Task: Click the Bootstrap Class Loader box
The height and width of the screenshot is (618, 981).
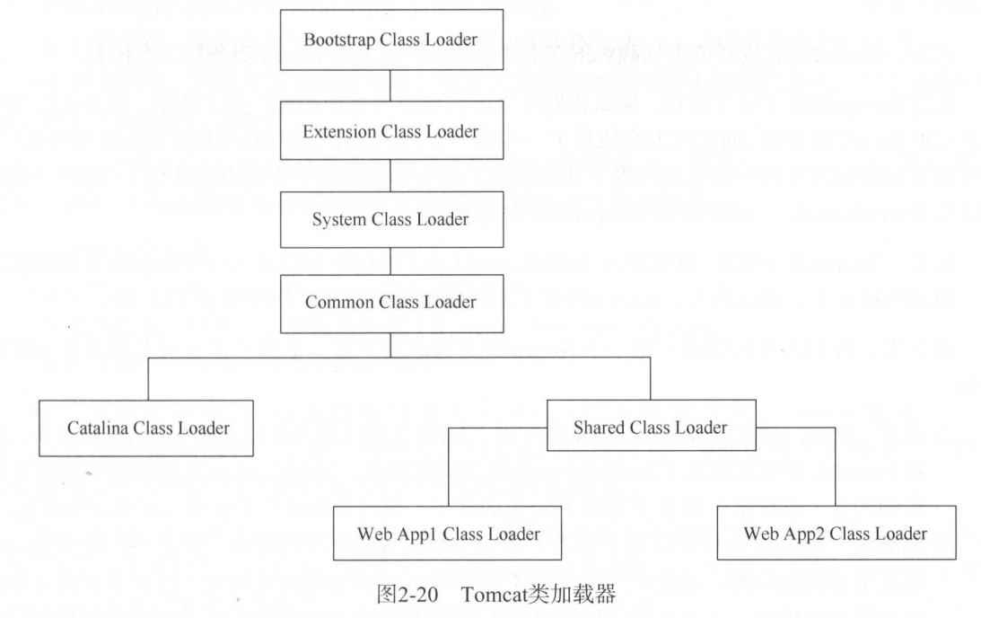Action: pyautogui.click(x=390, y=42)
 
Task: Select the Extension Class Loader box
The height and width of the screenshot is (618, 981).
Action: pyautogui.click(x=390, y=130)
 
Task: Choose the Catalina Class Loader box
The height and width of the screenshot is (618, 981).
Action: pyautogui.click(x=147, y=428)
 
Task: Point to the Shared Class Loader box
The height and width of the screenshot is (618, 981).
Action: pyautogui.click(x=650, y=428)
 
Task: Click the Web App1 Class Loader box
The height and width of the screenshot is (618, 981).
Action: pyautogui.click(x=450, y=534)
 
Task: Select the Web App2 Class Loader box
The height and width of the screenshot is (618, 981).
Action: pyautogui.click(x=835, y=534)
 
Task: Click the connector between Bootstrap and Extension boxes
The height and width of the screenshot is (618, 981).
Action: pyautogui.click(x=390, y=86)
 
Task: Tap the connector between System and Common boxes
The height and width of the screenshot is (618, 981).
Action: pyautogui.click(x=390, y=260)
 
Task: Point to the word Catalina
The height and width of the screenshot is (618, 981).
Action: pyautogui.click(x=98, y=428)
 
